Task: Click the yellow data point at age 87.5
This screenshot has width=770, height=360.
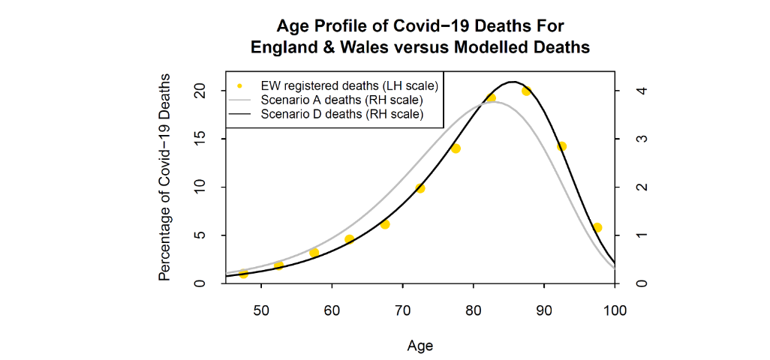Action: click(526, 91)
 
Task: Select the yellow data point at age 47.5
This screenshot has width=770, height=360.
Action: click(243, 274)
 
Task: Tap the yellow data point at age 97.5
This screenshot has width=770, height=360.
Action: click(597, 227)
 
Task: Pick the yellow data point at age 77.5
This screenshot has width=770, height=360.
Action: click(456, 148)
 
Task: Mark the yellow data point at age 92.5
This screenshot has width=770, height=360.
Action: click(561, 146)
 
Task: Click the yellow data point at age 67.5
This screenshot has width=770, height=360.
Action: click(385, 224)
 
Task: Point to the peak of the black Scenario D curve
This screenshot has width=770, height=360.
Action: click(513, 82)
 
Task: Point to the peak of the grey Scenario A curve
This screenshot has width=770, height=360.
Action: click(492, 101)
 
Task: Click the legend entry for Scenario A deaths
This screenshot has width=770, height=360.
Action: click(341, 100)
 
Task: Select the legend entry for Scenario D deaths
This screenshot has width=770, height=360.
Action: click(341, 115)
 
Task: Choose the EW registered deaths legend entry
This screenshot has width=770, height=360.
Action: click(349, 85)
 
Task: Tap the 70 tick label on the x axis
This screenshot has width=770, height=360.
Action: click(402, 309)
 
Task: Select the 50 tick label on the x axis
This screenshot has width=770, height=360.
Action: click(261, 309)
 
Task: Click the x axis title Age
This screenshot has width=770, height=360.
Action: click(420, 346)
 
